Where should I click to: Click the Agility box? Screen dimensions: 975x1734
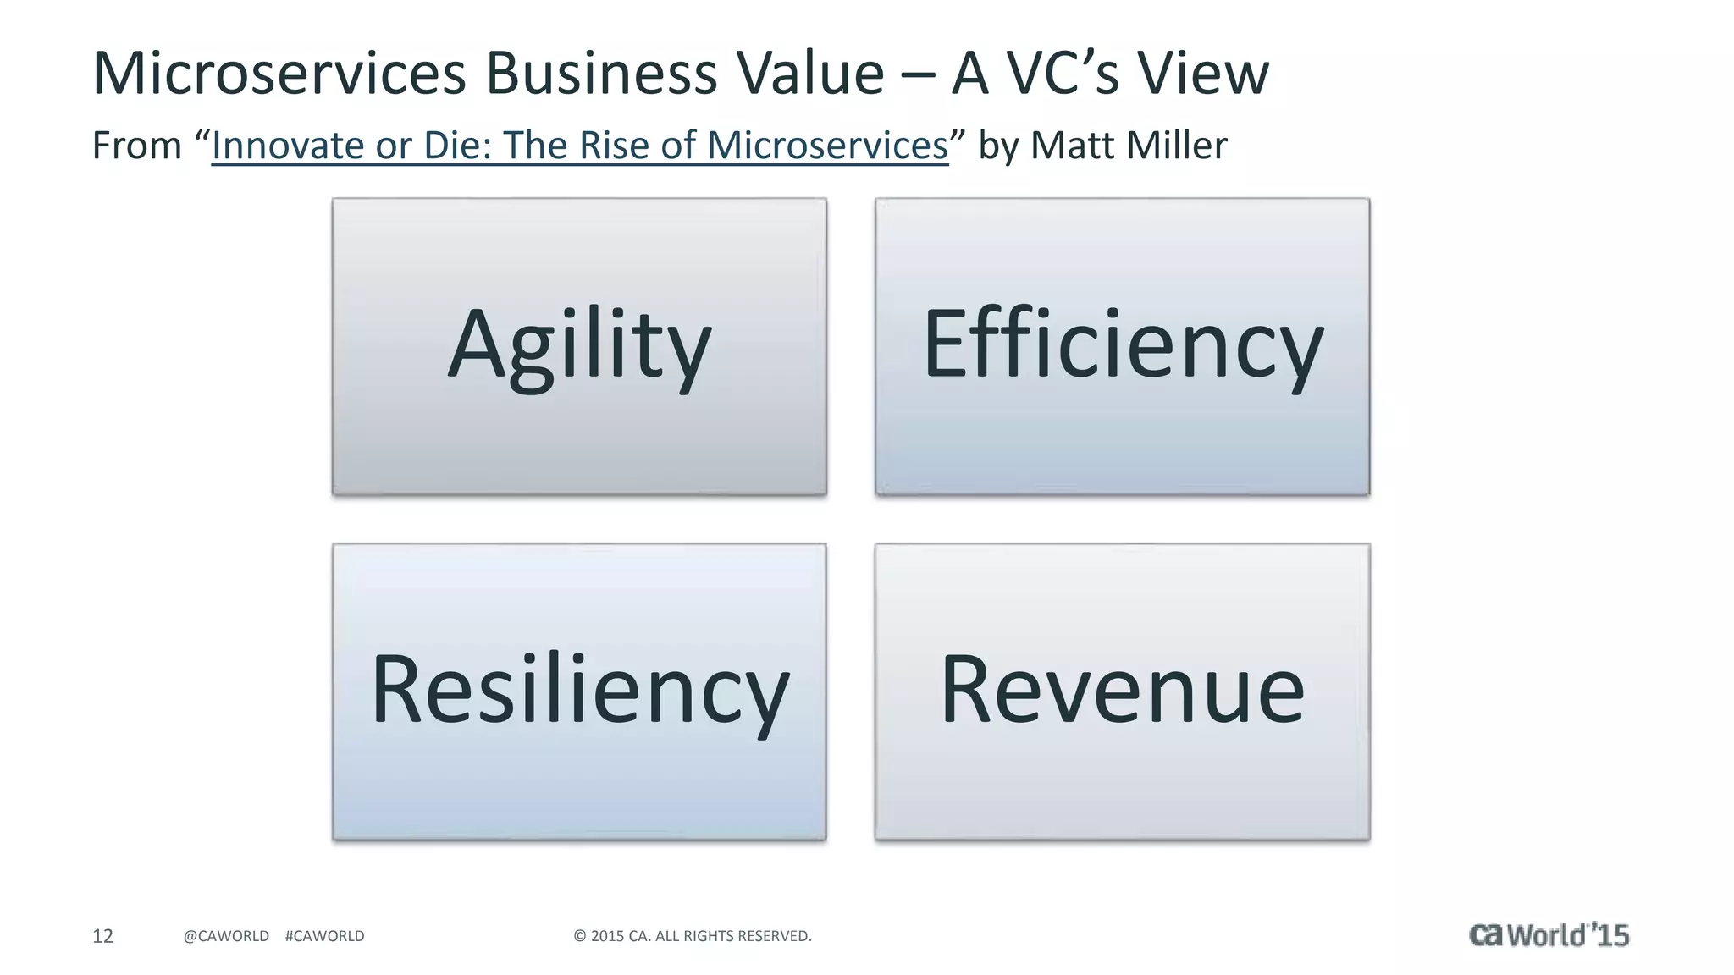tap(579, 346)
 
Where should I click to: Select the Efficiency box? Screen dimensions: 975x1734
tap(1122, 346)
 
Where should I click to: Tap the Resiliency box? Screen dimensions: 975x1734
tap(579, 691)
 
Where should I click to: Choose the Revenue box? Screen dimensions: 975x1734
tap(1122, 691)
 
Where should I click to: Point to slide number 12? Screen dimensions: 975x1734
tap(102, 936)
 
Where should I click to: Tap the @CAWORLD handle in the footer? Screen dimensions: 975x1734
tap(226, 936)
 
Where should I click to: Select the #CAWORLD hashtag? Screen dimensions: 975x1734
tap(324, 936)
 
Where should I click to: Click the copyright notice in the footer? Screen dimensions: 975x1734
tap(693, 936)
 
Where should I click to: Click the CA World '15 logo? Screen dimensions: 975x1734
tap(1549, 934)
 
